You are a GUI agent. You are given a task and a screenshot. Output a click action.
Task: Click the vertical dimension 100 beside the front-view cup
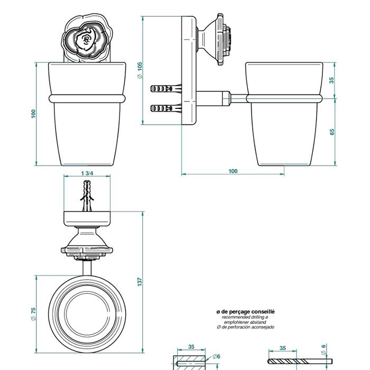point(33,114)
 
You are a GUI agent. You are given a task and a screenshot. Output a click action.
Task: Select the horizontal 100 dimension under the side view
point(233,171)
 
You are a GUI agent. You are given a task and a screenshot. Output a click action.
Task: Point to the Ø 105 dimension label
point(140,70)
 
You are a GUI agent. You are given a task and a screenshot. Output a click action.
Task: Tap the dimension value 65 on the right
point(332,132)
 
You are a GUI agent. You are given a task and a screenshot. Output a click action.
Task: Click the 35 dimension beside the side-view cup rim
point(332,80)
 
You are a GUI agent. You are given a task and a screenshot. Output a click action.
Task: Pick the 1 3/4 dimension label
point(88,173)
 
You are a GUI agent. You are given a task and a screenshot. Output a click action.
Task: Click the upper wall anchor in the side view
point(165,88)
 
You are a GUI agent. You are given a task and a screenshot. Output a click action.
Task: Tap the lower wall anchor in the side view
point(165,108)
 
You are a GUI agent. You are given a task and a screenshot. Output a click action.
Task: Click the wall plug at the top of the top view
point(88,196)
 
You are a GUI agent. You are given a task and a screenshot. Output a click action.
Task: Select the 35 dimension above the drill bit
point(283,348)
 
